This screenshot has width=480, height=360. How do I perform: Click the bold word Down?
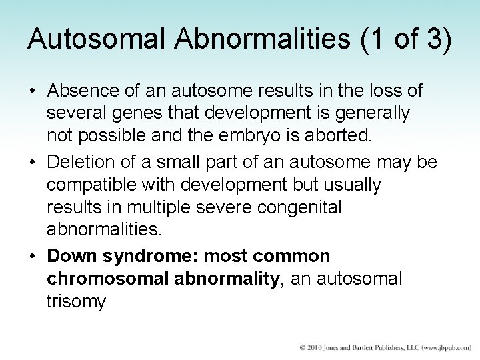pos(67,256)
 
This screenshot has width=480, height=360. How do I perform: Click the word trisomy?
pos(76,301)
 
